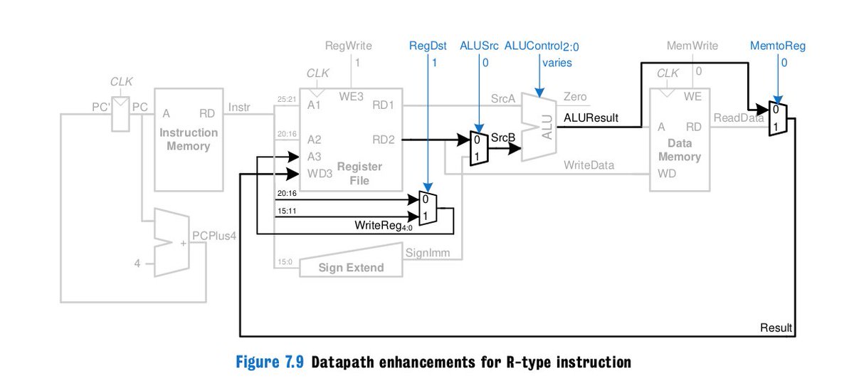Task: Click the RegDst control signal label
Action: pyautogui.click(x=428, y=46)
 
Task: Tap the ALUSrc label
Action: pyautogui.click(x=479, y=46)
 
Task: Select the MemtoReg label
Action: pyautogui.click(x=778, y=46)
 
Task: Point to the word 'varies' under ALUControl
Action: pyautogui.click(x=557, y=63)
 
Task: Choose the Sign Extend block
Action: pyautogui.click(x=351, y=264)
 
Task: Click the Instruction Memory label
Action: pyautogui.click(x=189, y=139)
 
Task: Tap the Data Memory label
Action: pyautogui.click(x=680, y=150)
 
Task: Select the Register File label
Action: pyautogui.click(x=359, y=173)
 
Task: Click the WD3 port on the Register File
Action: pyautogui.click(x=320, y=174)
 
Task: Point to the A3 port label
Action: pyautogui.click(x=314, y=157)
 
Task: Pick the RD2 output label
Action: pyautogui.click(x=384, y=140)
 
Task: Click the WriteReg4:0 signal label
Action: pyautogui.click(x=383, y=226)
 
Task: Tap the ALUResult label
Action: pyautogui.click(x=591, y=118)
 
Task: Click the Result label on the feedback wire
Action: pyautogui.click(x=776, y=328)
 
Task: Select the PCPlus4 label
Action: pyautogui.click(x=214, y=236)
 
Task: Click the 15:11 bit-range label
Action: pyautogui.click(x=287, y=211)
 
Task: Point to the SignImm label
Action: pyautogui.click(x=428, y=253)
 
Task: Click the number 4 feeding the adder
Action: pyautogui.click(x=137, y=264)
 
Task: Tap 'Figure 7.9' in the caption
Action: pyautogui.click(x=270, y=362)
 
